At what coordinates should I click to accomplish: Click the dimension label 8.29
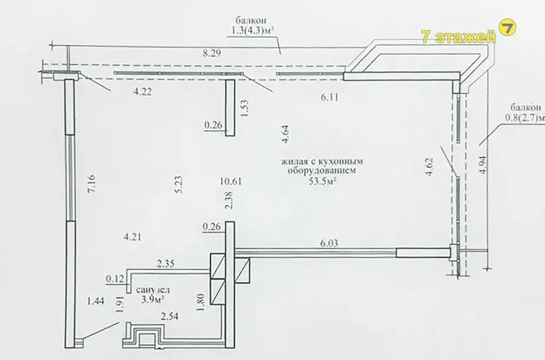212,54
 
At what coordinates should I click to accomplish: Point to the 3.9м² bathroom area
153,299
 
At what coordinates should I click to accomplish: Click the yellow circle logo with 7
507,28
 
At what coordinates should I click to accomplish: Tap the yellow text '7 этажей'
459,36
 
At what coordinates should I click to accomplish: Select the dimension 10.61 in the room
231,181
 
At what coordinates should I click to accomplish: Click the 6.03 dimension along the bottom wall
328,243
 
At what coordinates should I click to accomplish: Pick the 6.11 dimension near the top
329,97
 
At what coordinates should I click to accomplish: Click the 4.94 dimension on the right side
483,165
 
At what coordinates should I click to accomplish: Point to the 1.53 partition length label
244,108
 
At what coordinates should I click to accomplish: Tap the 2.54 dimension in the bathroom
169,316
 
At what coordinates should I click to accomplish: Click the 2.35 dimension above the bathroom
166,264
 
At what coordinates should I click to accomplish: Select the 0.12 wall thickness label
115,279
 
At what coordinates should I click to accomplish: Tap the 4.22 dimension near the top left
142,92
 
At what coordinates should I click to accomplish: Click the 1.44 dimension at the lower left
96,301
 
